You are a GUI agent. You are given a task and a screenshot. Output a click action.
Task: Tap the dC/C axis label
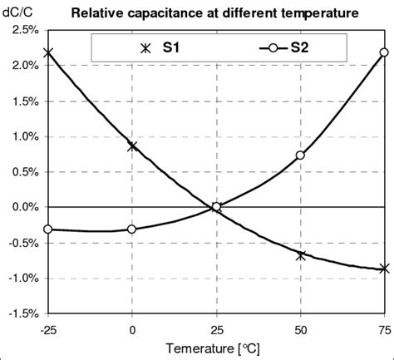click(19, 11)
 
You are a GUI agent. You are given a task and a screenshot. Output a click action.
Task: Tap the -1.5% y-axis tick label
click(22, 313)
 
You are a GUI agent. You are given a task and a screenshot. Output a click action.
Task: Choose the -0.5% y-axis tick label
click(22, 243)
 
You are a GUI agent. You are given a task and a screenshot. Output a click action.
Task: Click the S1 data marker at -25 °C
click(48, 52)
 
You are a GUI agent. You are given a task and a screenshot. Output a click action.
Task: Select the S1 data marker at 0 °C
click(132, 146)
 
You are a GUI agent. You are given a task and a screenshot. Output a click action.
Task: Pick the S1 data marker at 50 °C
click(300, 255)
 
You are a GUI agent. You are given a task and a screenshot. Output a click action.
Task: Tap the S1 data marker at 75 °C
click(384, 269)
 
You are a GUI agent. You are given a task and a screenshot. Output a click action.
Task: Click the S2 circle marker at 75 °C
click(384, 52)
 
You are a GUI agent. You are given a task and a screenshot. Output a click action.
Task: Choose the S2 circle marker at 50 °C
click(300, 155)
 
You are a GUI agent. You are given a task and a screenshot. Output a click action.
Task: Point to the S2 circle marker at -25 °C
click(48, 229)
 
